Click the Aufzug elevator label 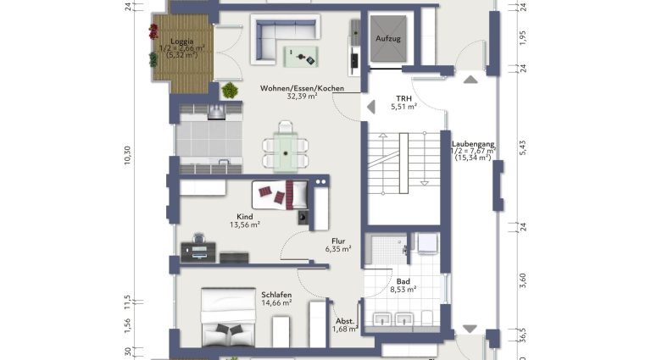pos(387,39)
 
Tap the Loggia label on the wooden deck pos(182,41)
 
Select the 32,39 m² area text pos(303,97)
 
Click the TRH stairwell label pos(403,98)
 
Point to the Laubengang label pos(473,144)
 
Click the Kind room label pos(244,217)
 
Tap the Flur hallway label pos(338,241)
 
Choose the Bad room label pos(403,281)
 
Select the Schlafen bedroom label pos(276,295)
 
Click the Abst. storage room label pos(345,321)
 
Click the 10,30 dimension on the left pos(127,156)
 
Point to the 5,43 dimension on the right pos(523,147)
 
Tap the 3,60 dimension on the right pos(523,280)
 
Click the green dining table pos(286,152)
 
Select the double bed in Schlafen pos(228,318)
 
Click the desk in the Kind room pos(198,252)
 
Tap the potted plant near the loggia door pos(230,90)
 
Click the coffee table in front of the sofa pos(301,57)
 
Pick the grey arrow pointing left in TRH pos(371,107)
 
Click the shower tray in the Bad pos(387,249)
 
